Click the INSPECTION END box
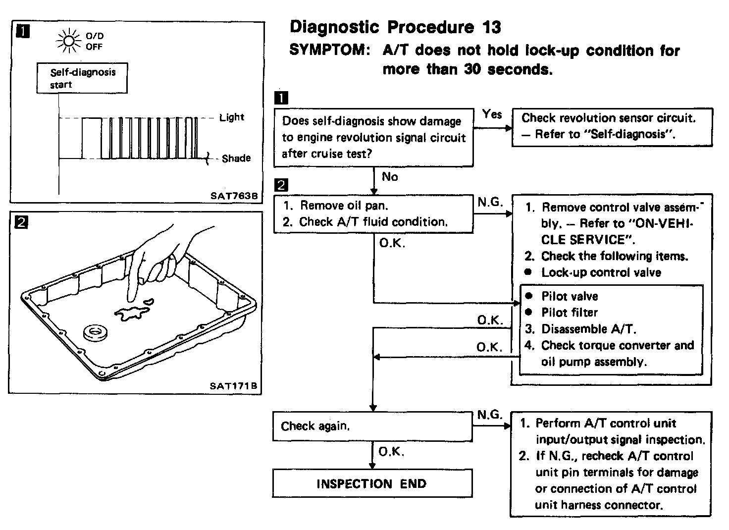coord(372,483)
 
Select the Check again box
coord(372,426)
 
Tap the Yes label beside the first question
coord(492,114)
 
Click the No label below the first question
coord(390,177)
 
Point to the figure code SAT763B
coord(234,196)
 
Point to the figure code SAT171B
coord(234,386)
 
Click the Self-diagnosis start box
coord(82,78)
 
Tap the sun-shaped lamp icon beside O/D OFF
coord(68,41)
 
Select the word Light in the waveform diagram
coord(232,117)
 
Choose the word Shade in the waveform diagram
coord(236,159)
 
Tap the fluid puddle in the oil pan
coord(132,313)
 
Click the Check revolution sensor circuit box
coord(612,126)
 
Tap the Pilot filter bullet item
coord(570,313)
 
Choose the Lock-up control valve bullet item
coord(601,272)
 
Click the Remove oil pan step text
coord(344,206)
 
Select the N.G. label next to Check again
coord(490,415)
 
